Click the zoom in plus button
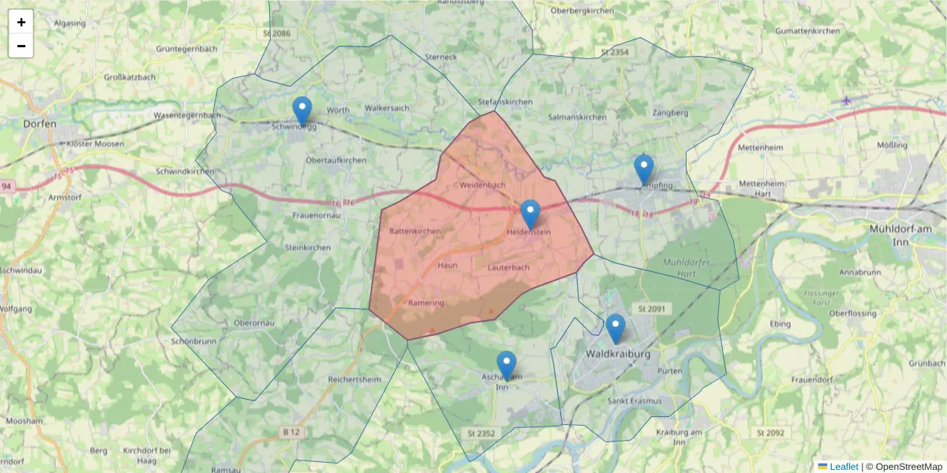21,22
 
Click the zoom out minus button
21,46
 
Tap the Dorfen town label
40,123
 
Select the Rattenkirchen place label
415,231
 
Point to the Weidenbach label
481,184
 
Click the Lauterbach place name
508,267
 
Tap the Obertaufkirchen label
335,160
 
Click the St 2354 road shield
615,52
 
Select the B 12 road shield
291,432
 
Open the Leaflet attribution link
843,467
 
